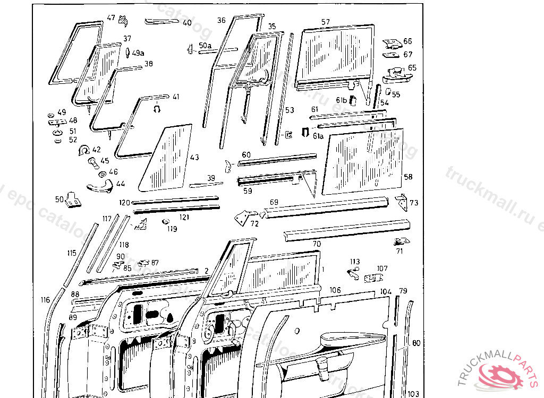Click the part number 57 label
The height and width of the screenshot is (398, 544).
pos(326,22)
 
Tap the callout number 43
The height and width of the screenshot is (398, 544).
pos(194,158)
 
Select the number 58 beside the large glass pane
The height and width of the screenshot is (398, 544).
pos(408,176)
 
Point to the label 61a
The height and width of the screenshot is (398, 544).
pos(318,136)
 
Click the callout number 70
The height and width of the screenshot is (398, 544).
pos(317,244)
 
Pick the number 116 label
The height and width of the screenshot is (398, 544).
pos(45,300)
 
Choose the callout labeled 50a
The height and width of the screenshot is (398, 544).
pos(205,46)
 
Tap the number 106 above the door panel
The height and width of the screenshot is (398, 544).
pos(335,290)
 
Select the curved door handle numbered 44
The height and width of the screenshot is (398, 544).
pos(99,185)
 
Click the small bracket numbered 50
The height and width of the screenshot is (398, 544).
pos(73,200)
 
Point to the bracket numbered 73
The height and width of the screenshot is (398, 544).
pos(403,202)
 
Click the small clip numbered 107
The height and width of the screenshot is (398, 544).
pos(375,277)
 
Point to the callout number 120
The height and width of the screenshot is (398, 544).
pos(124,202)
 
